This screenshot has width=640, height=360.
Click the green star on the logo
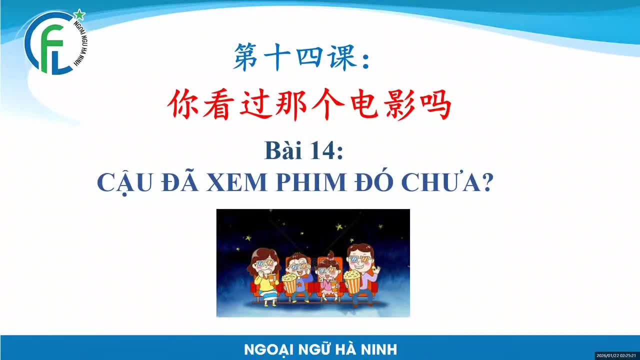(79, 14)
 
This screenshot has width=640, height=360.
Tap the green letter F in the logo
(51, 48)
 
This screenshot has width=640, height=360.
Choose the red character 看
(217, 104)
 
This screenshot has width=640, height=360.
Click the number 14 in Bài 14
(320, 150)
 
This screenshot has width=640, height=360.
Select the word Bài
(283, 150)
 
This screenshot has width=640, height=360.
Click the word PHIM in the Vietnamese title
(311, 182)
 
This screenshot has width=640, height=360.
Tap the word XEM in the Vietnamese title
(236, 182)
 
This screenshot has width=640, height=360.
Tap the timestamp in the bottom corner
(616, 355)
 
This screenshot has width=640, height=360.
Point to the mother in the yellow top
(264, 277)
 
